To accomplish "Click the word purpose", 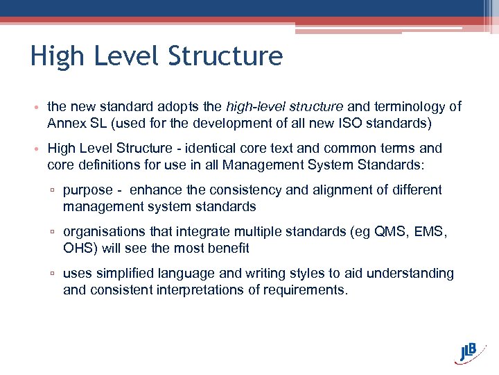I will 87,190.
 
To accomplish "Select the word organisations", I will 103,231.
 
